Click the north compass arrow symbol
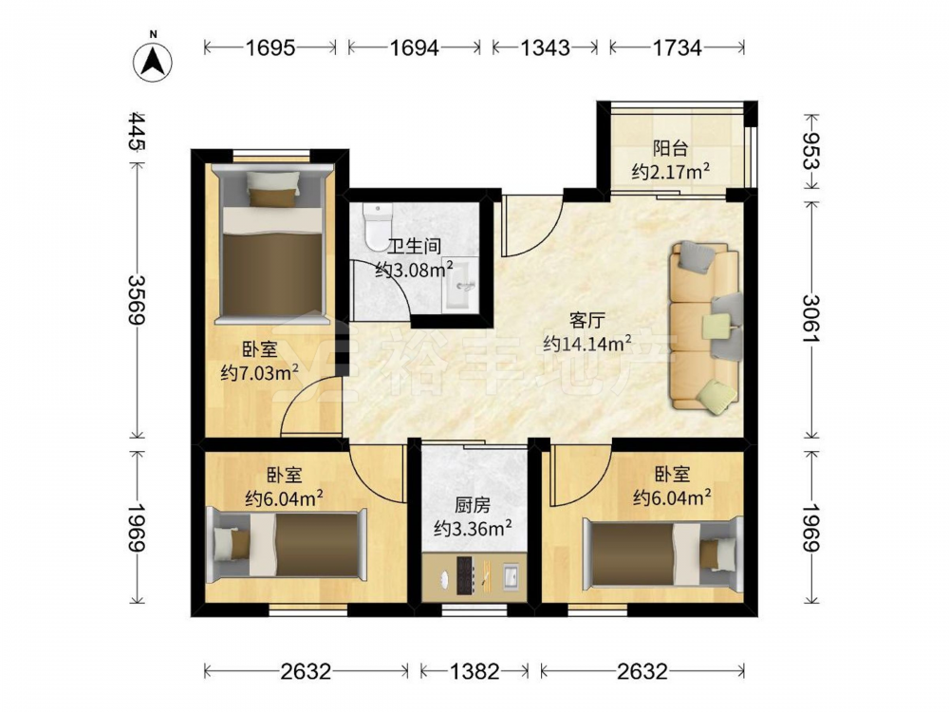coord(153,61)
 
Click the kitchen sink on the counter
coord(511,576)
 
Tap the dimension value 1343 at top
coord(545,47)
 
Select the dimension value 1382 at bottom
coord(474,671)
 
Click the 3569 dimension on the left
coord(139,299)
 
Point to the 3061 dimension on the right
coord(811,318)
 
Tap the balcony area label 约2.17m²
coord(671,173)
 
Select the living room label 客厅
coord(587,319)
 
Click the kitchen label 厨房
coord(473,505)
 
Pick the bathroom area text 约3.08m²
coord(415,269)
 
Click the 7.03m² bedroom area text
coord(260,372)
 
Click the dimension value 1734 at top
coord(677,47)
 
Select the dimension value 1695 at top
coord(270,47)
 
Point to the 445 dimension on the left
coord(139,131)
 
